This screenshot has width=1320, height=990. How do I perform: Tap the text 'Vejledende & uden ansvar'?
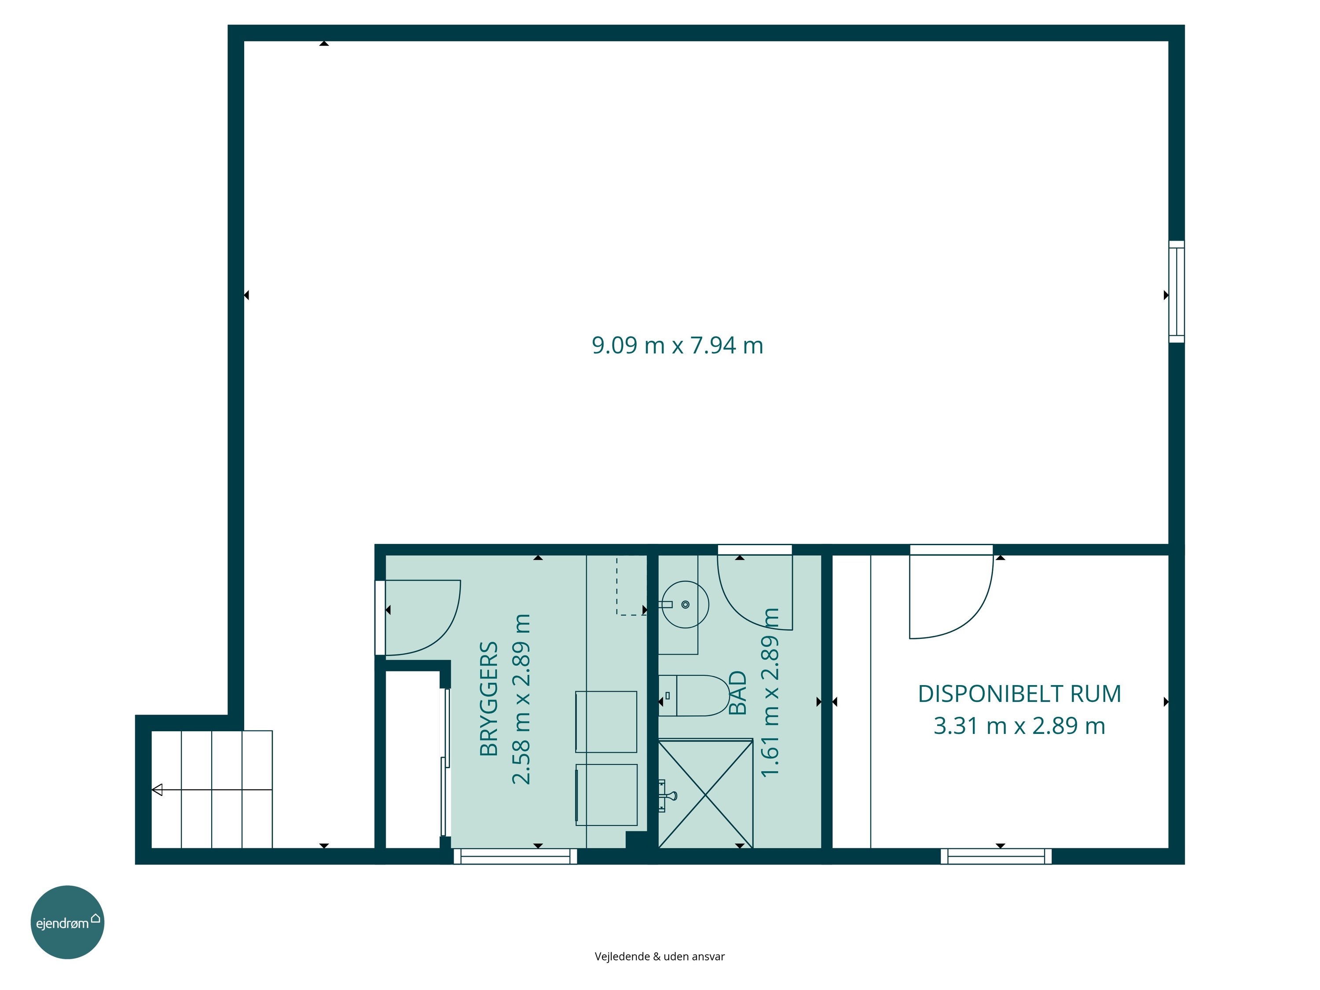pyautogui.click(x=660, y=957)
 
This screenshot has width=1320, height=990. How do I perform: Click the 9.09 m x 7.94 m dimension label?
pyautogui.click(x=677, y=345)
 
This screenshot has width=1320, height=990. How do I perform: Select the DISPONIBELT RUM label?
pyautogui.click(x=1019, y=694)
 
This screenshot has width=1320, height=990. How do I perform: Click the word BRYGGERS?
pyautogui.click(x=489, y=699)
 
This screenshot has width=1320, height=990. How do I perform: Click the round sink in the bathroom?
pyautogui.click(x=685, y=605)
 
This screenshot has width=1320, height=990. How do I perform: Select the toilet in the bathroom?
pyautogui.click(x=694, y=695)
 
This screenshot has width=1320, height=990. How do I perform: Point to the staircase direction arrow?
pyautogui.click(x=212, y=790)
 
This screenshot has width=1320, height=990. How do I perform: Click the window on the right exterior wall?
pyautogui.click(x=1176, y=292)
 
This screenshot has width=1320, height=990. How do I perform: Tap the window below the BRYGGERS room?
pyautogui.click(x=516, y=856)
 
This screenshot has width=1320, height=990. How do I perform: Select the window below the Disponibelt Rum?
pyautogui.click(x=996, y=856)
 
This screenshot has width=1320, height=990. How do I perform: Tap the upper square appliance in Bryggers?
pyautogui.click(x=606, y=722)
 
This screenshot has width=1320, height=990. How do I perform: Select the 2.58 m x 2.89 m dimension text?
pyautogui.click(x=521, y=699)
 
